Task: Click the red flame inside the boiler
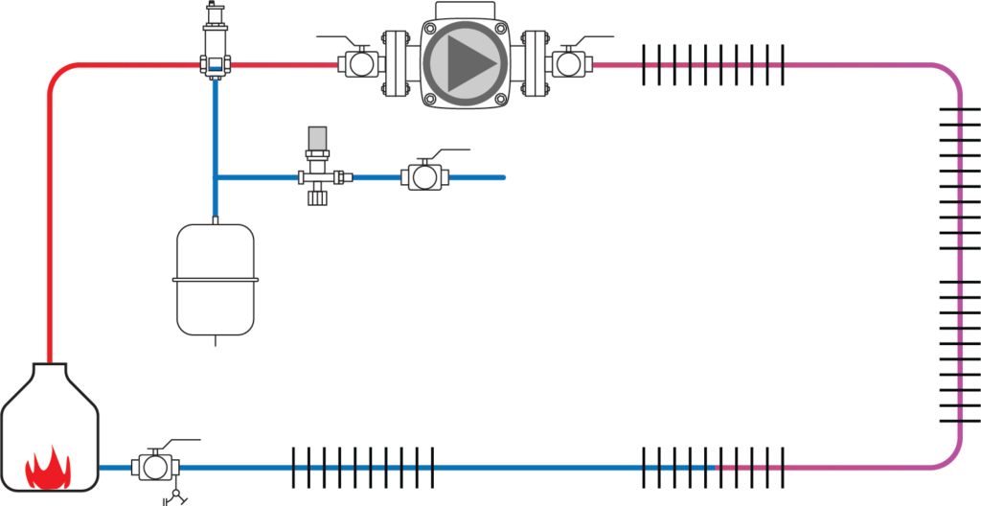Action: tap(48, 468)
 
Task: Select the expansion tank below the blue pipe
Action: tap(216, 279)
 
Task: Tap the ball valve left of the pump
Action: tap(360, 64)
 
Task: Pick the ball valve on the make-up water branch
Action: tap(422, 177)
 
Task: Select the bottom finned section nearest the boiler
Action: tap(362, 468)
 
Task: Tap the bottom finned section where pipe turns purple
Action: tap(713, 468)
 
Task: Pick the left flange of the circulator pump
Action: tap(393, 64)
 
